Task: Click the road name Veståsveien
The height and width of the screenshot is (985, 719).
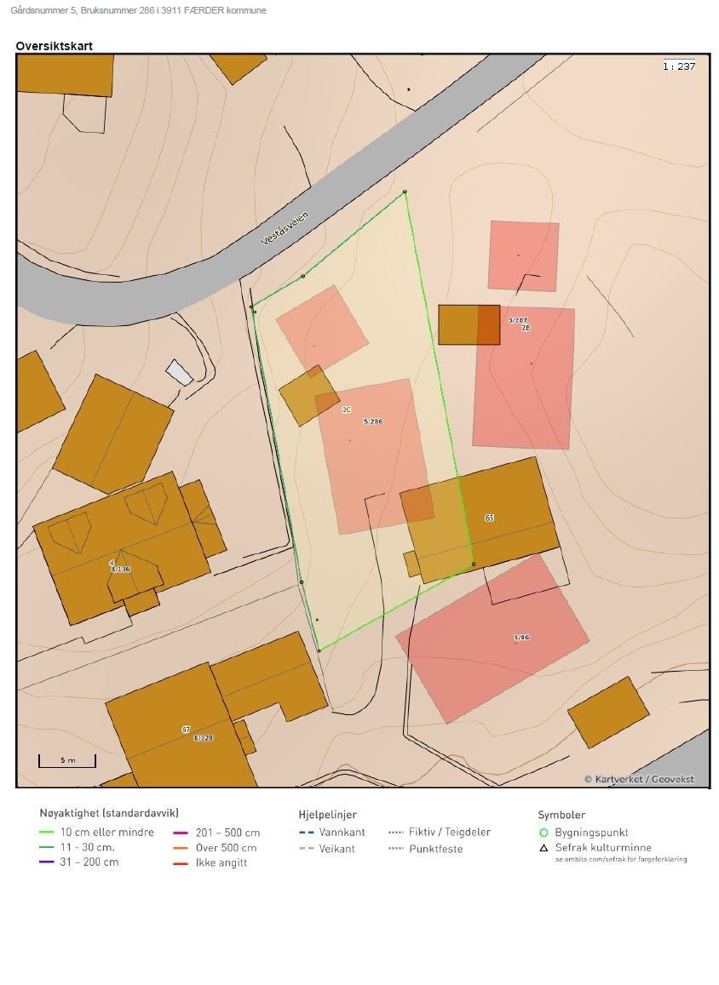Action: point(285,227)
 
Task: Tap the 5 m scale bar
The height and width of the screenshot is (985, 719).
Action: point(67,760)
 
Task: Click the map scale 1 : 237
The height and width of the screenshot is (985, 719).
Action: point(679,66)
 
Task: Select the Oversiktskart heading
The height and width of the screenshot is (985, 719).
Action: point(54,46)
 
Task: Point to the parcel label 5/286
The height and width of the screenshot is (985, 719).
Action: point(372,421)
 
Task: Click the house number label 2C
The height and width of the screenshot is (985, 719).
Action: point(347,409)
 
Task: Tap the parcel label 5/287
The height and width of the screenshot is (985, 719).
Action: point(518,320)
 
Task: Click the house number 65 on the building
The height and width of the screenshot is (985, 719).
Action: point(489,518)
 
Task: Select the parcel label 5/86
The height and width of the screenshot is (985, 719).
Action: point(521,637)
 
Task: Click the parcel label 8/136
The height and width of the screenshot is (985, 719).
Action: point(120,569)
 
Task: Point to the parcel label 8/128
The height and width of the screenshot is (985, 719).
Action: point(203,738)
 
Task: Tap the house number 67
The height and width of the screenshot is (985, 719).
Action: point(186,730)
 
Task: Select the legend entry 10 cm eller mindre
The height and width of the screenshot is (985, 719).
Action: point(107,832)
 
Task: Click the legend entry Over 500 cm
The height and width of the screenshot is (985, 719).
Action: point(227,847)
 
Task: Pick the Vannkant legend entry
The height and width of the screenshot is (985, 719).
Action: point(342,832)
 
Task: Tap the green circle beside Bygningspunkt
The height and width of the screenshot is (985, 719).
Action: point(544,833)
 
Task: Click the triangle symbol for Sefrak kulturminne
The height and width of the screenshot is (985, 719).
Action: point(544,847)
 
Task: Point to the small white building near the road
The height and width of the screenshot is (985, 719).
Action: point(179,372)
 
